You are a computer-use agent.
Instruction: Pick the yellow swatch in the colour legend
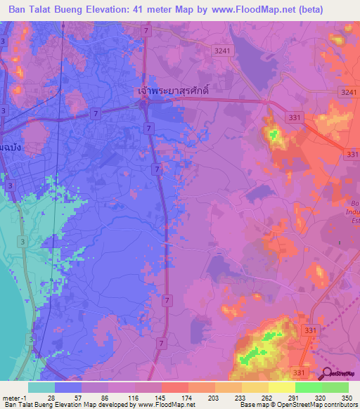coord(282,387)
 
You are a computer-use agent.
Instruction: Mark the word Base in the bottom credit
coord(247,405)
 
